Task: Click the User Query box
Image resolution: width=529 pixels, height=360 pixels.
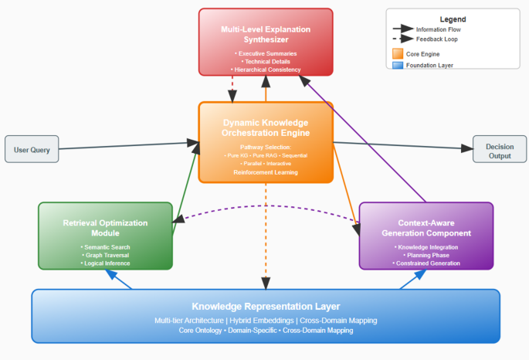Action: click(x=32, y=149)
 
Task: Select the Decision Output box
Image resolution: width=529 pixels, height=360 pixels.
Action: click(x=499, y=151)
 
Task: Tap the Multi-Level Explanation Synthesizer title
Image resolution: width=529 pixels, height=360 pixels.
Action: click(x=265, y=35)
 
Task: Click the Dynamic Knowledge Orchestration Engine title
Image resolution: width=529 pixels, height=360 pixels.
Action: click(x=265, y=128)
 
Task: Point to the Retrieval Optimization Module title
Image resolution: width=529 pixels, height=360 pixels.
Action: click(x=105, y=227)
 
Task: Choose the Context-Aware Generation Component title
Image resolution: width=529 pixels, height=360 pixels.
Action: click(x=426, y=227)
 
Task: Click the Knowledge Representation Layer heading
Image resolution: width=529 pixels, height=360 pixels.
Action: click(x=265, y=307)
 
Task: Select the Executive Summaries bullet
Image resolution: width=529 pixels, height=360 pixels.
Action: click(x=265, y=53)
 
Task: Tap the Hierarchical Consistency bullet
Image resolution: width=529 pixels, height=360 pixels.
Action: click(x=265, y=70)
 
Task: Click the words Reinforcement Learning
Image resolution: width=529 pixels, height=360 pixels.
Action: click(x=265, y=172)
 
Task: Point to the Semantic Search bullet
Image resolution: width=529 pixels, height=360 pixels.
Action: click(x=105, y=247)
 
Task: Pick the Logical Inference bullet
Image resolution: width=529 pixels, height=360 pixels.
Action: click(x=105, y=263)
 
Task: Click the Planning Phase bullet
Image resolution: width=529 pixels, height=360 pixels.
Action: click(x=426, y=255)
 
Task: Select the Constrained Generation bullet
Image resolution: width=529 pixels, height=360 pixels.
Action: click(x=426, y=263)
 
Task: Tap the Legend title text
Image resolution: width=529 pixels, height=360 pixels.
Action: click(x=453, y=19)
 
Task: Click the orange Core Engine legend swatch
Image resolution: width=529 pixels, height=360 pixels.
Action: click(x=398, y=53)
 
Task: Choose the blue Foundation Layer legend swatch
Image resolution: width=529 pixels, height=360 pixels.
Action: click(x=398, y=66)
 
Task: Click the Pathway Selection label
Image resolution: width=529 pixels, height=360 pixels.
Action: click(x=265, y=147)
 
